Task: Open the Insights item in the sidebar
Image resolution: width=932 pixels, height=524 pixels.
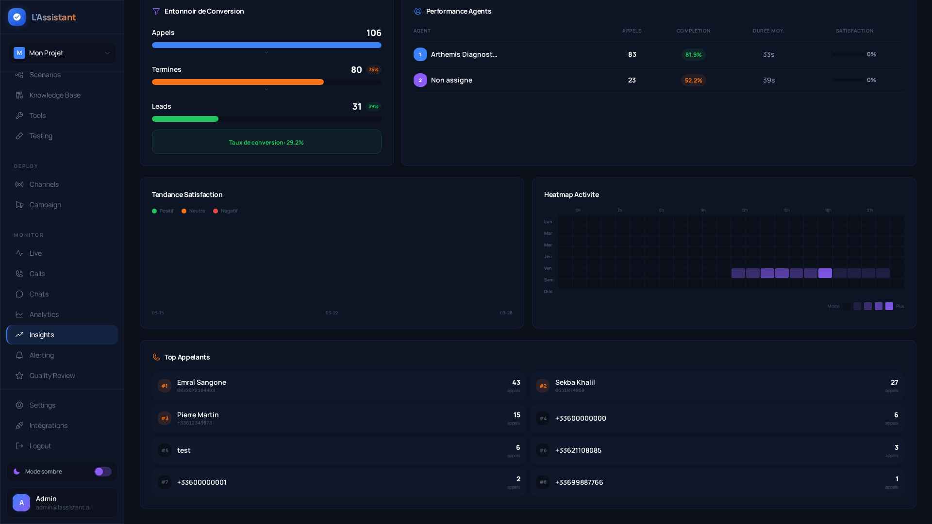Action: (x=42, y=335)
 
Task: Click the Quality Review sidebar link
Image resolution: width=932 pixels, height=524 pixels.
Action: (x=52, y=376)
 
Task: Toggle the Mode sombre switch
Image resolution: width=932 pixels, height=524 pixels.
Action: (x=103, y=472)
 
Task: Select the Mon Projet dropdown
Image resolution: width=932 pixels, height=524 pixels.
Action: (x=62, y=53)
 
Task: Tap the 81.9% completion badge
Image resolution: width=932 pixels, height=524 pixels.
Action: (x=693, y=55)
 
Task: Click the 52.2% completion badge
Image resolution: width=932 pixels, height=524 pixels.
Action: (x=693, y=81)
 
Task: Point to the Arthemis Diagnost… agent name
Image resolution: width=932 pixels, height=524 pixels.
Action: (x=464, y=54)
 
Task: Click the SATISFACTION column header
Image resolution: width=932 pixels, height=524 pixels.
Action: (x=854, y=31)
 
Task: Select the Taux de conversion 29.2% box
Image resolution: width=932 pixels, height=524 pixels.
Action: (x=266, y=142)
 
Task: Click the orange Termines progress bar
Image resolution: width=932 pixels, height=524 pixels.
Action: (x=238, y=82)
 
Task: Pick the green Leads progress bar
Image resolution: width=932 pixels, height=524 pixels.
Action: (x=185, y=119)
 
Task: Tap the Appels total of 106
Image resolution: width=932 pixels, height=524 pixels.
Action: (x=374, y=33)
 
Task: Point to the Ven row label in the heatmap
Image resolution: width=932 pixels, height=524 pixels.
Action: (x=548, y=268)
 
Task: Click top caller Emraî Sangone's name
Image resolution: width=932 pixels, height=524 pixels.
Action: (x=201, y=382)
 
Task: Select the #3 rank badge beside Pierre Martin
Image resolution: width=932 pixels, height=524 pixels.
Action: (x=165, y=418)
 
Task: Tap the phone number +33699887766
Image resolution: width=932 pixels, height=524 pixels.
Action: (x=579, y=482)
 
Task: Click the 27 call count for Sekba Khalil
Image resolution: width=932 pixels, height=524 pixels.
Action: (x=894, y=382)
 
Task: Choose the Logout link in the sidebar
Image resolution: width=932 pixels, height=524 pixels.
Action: (x=40, y=446)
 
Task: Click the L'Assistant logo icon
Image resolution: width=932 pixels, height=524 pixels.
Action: (x=17, y=17)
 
